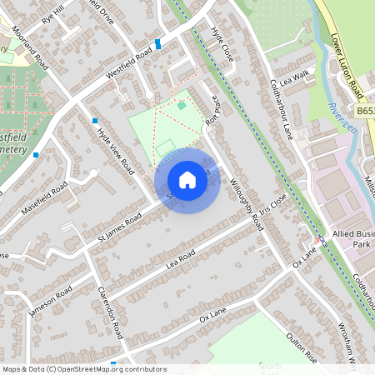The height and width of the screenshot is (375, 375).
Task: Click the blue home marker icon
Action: pos(187,180)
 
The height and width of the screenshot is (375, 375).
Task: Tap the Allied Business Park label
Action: pos(353,241)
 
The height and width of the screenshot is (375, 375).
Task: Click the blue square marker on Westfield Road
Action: pos(157,43)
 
